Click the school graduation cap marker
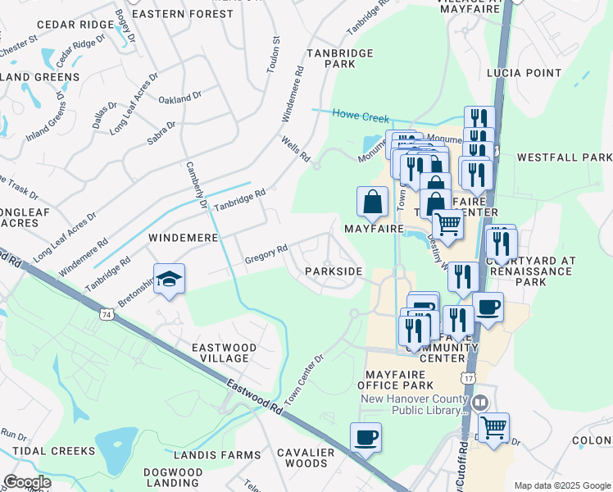coord(168,280)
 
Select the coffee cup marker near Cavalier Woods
coord(366,437)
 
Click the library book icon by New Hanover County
coord(479,403)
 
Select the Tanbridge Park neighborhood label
coord(339,58)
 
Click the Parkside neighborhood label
coord(334,271)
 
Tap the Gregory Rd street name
coord(266,255)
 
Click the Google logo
coord(27,482)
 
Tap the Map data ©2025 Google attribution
coord(562,485)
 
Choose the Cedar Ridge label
coord(79,25)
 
